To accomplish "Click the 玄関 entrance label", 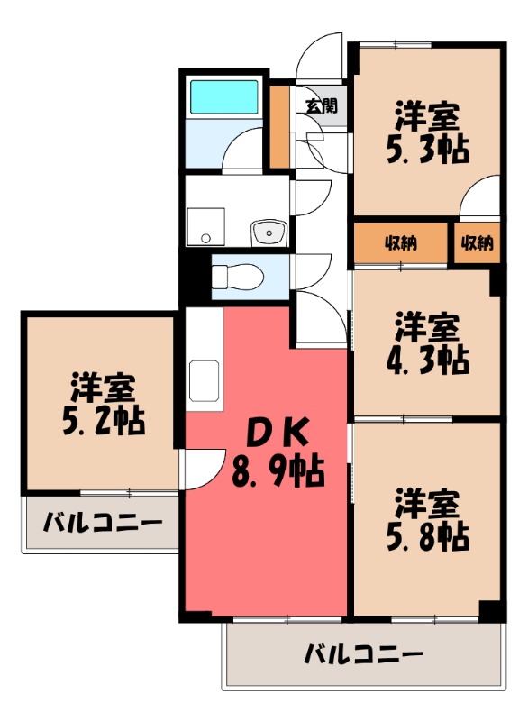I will pyautogui.click(x=320, y=106).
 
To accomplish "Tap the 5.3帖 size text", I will pyautogui.click(x=428, y=150).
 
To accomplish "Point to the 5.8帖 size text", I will pyautogui.click(x=428, y=535).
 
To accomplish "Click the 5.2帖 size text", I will pyautogui.click(x=104, y=420).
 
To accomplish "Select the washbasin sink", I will pyautogui.click(x=268, y=233).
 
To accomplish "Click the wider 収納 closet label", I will pyautogui.click(x=401, y=242).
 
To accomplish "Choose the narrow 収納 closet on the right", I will pyautogui.click(x=477, y=242).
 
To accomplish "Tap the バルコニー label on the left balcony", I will pyautogui.click(x=103, y=523).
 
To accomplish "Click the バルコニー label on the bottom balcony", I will pyautogui.click(x=362, y=653).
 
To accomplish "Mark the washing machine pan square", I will pyautogui.click(x=205, y=226).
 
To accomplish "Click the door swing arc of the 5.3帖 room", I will pyautogui.click(x=479, y=198).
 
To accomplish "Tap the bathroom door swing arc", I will pyautogui.click(x=241, y=149).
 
